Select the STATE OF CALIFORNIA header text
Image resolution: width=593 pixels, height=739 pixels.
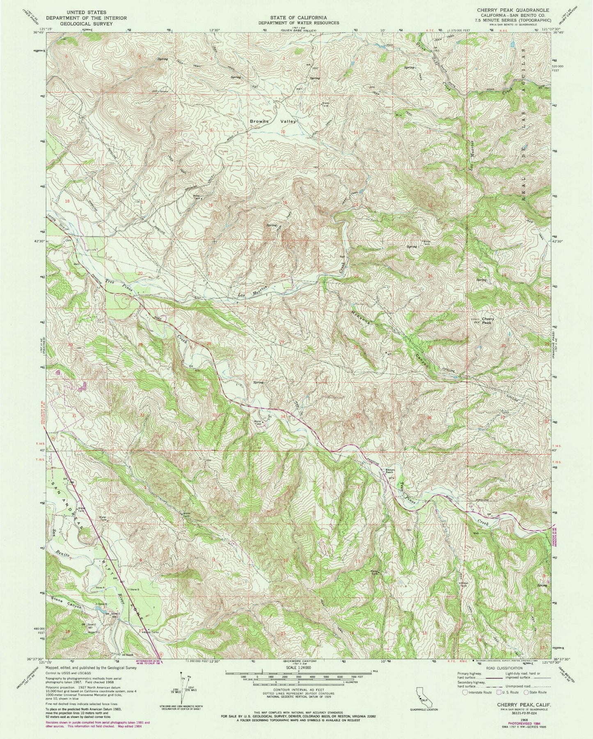[x=298, y=18]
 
